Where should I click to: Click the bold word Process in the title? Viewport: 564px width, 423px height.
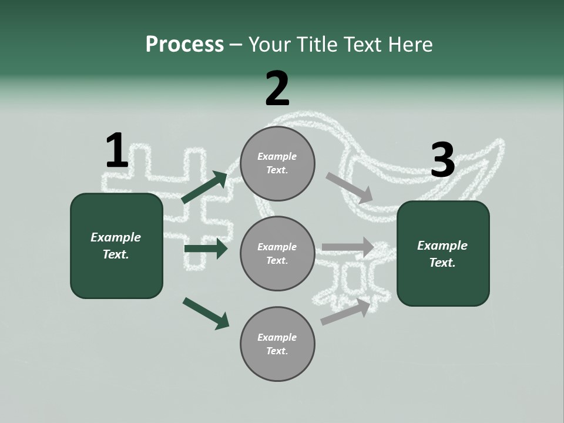pos(184,45)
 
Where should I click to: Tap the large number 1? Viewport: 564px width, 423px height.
pos(116,151)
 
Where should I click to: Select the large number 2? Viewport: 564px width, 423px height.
pos(277,89)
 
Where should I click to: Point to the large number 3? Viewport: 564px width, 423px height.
pos(442,160)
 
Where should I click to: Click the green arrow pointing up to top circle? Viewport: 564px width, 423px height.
pos(204,187)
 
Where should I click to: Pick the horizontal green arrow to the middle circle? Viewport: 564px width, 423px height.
pos(206,249)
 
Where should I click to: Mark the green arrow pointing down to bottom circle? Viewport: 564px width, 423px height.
pos(206,313)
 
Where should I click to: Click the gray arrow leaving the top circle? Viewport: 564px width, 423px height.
pos(350,186)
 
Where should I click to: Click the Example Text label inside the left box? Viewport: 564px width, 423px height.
pos(116,246)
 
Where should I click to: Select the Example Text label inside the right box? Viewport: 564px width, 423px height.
pos(442,254)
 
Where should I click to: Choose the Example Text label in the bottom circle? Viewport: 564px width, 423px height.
pos(277,344)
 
